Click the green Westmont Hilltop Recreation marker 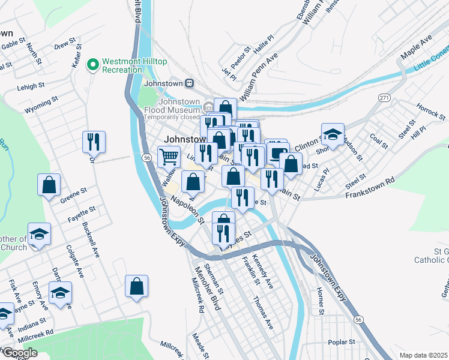(x=93, y=64)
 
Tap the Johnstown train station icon (x=189, y=83)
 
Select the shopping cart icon (x=169, y=157)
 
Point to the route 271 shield (x=384, y=97)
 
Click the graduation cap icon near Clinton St (x=333, y=134)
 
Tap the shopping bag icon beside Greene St (x=49, y=185)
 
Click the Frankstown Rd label (x=369, y=188)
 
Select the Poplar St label (x=342, y=343)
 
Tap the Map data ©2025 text (x=423, y=355)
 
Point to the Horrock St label (x=430, y=110)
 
